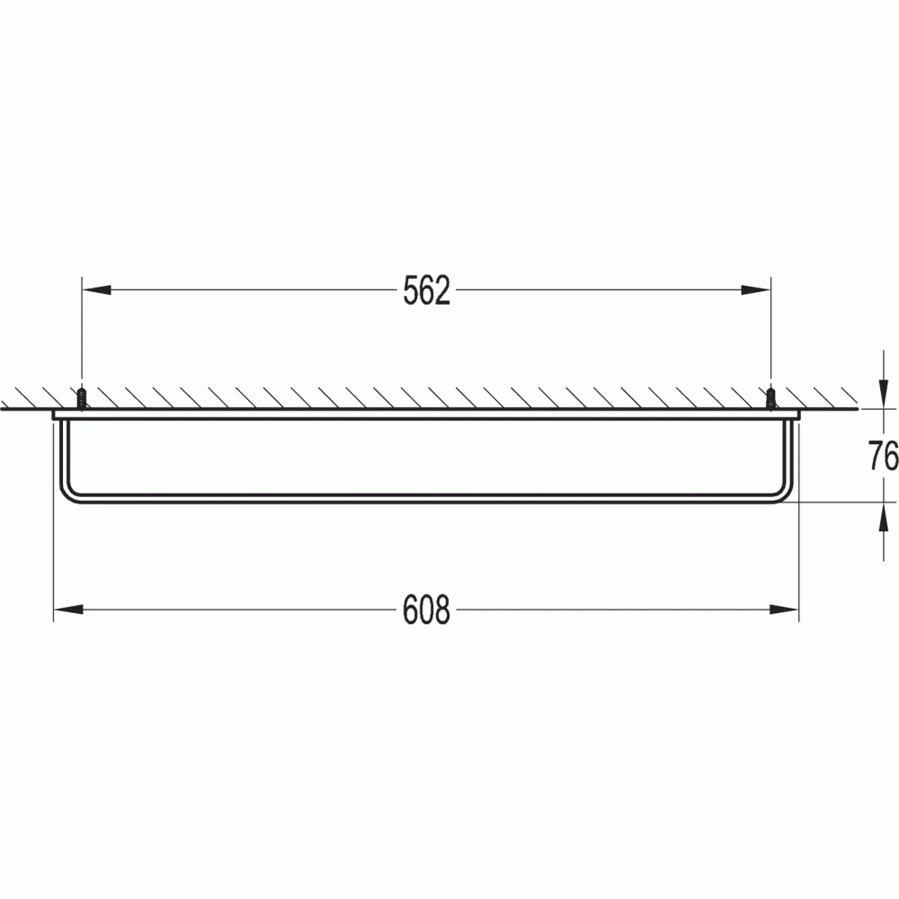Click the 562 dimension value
click(426, 290)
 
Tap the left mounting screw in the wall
click(82, 398)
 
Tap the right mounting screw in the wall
click(770, 398)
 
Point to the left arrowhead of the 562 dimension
click(96, 290)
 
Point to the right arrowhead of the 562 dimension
click(756, 290)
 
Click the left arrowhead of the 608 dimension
click(68, 609)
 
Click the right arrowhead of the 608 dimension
click(784, 609)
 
